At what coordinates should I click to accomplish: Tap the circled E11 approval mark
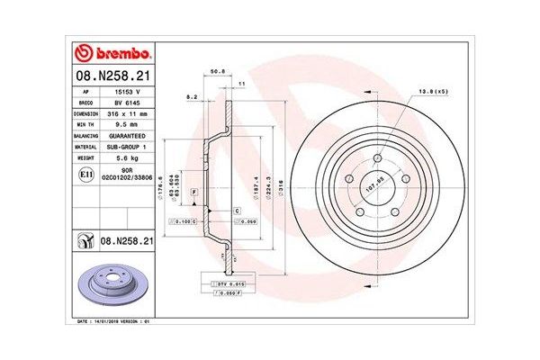[x=85, y=174]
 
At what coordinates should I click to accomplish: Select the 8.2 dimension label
[x=191, y=95]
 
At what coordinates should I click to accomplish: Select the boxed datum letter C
[x=236, y=210]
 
